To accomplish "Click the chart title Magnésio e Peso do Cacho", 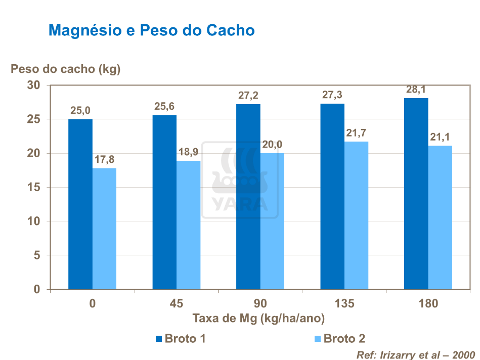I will [x=151, y=30].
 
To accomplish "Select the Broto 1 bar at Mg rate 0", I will [x=80, y=204].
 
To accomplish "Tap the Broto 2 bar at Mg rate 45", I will [x=189, y=225].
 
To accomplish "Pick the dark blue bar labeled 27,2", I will [x=248, y=197].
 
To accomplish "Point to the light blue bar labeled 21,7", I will [x=357, y=215].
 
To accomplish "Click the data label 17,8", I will [x=105, y=160].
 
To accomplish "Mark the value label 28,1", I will [x=416, y=90].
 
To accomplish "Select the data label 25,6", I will [x=164, y=107].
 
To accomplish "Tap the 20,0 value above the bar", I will [x=273, y=145].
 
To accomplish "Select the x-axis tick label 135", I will [x=344, y=304].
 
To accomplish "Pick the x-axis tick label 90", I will [x=260, y=304].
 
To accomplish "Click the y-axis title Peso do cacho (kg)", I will [x=66, y=69].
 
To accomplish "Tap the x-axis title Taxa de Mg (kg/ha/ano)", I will [x=258, y=319].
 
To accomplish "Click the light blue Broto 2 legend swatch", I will [x=317, y=339].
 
